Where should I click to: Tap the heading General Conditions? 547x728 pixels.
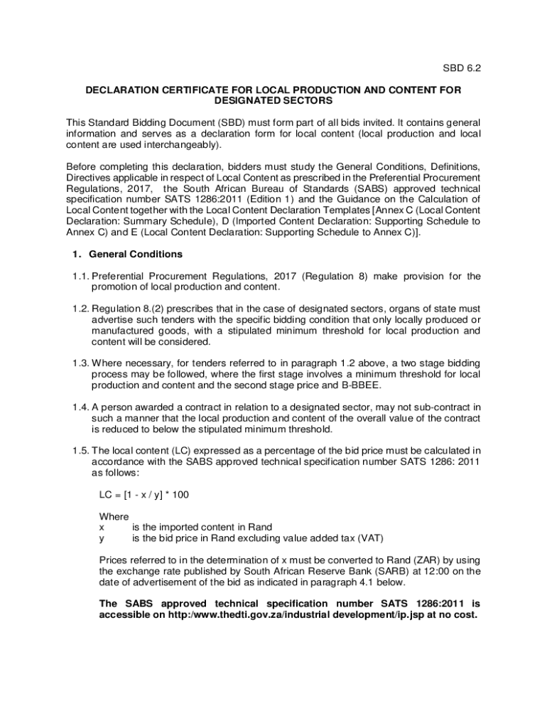(136, 254)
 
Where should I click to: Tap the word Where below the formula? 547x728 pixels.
(114, 516)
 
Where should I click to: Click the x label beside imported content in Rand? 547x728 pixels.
(102, 527)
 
